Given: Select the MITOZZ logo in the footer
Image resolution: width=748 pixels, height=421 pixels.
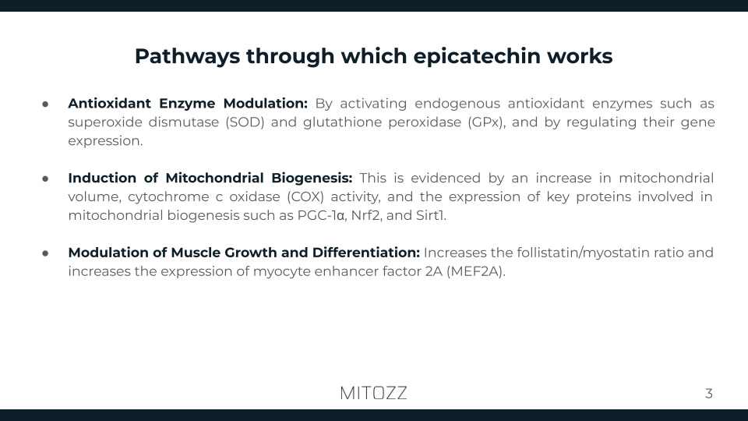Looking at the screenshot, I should click(373, 393).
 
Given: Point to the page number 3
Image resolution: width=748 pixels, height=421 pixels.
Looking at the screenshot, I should click(708, 394).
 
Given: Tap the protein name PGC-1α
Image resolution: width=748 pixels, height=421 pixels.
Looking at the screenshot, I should click(322, 216).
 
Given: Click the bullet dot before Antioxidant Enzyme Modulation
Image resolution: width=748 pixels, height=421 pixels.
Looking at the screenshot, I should click(46, 104).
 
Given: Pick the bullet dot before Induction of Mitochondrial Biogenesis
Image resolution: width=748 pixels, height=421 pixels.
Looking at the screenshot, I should click(46, 179).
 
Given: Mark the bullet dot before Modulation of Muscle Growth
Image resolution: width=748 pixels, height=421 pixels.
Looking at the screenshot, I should click(46, 253).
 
